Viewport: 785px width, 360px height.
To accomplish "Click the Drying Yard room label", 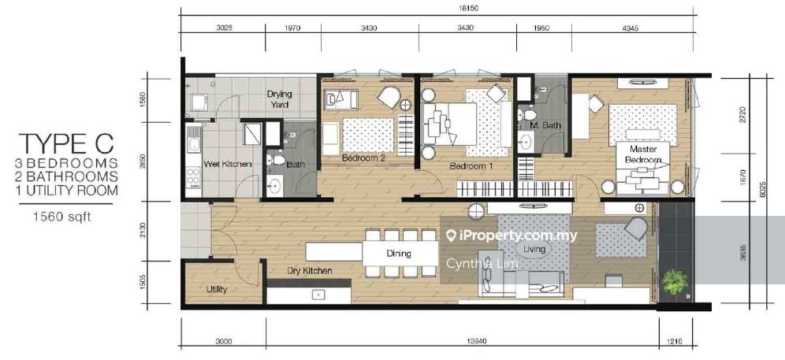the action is click(279, 99).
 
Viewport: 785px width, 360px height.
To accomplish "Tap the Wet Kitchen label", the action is click(227, 164).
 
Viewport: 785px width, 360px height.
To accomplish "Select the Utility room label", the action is click(217, 289).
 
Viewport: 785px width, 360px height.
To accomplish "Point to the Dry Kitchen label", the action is click(310, 271).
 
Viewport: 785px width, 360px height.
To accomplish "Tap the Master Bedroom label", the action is click(643, 154).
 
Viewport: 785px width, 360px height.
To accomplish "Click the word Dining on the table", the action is click(399, 254).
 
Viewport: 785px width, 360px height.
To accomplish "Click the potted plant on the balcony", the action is click(675, 282).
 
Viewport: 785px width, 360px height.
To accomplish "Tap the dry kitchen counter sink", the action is click(318, 295).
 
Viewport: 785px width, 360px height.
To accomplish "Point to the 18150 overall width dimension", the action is click(437, 9).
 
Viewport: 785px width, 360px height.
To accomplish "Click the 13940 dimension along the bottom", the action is click(461, 342).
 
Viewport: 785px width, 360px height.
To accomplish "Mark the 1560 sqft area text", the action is click(62, 217).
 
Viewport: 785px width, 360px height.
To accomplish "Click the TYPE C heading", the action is click(65, 143).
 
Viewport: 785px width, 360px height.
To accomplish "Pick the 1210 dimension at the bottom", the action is click(675, 342).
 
